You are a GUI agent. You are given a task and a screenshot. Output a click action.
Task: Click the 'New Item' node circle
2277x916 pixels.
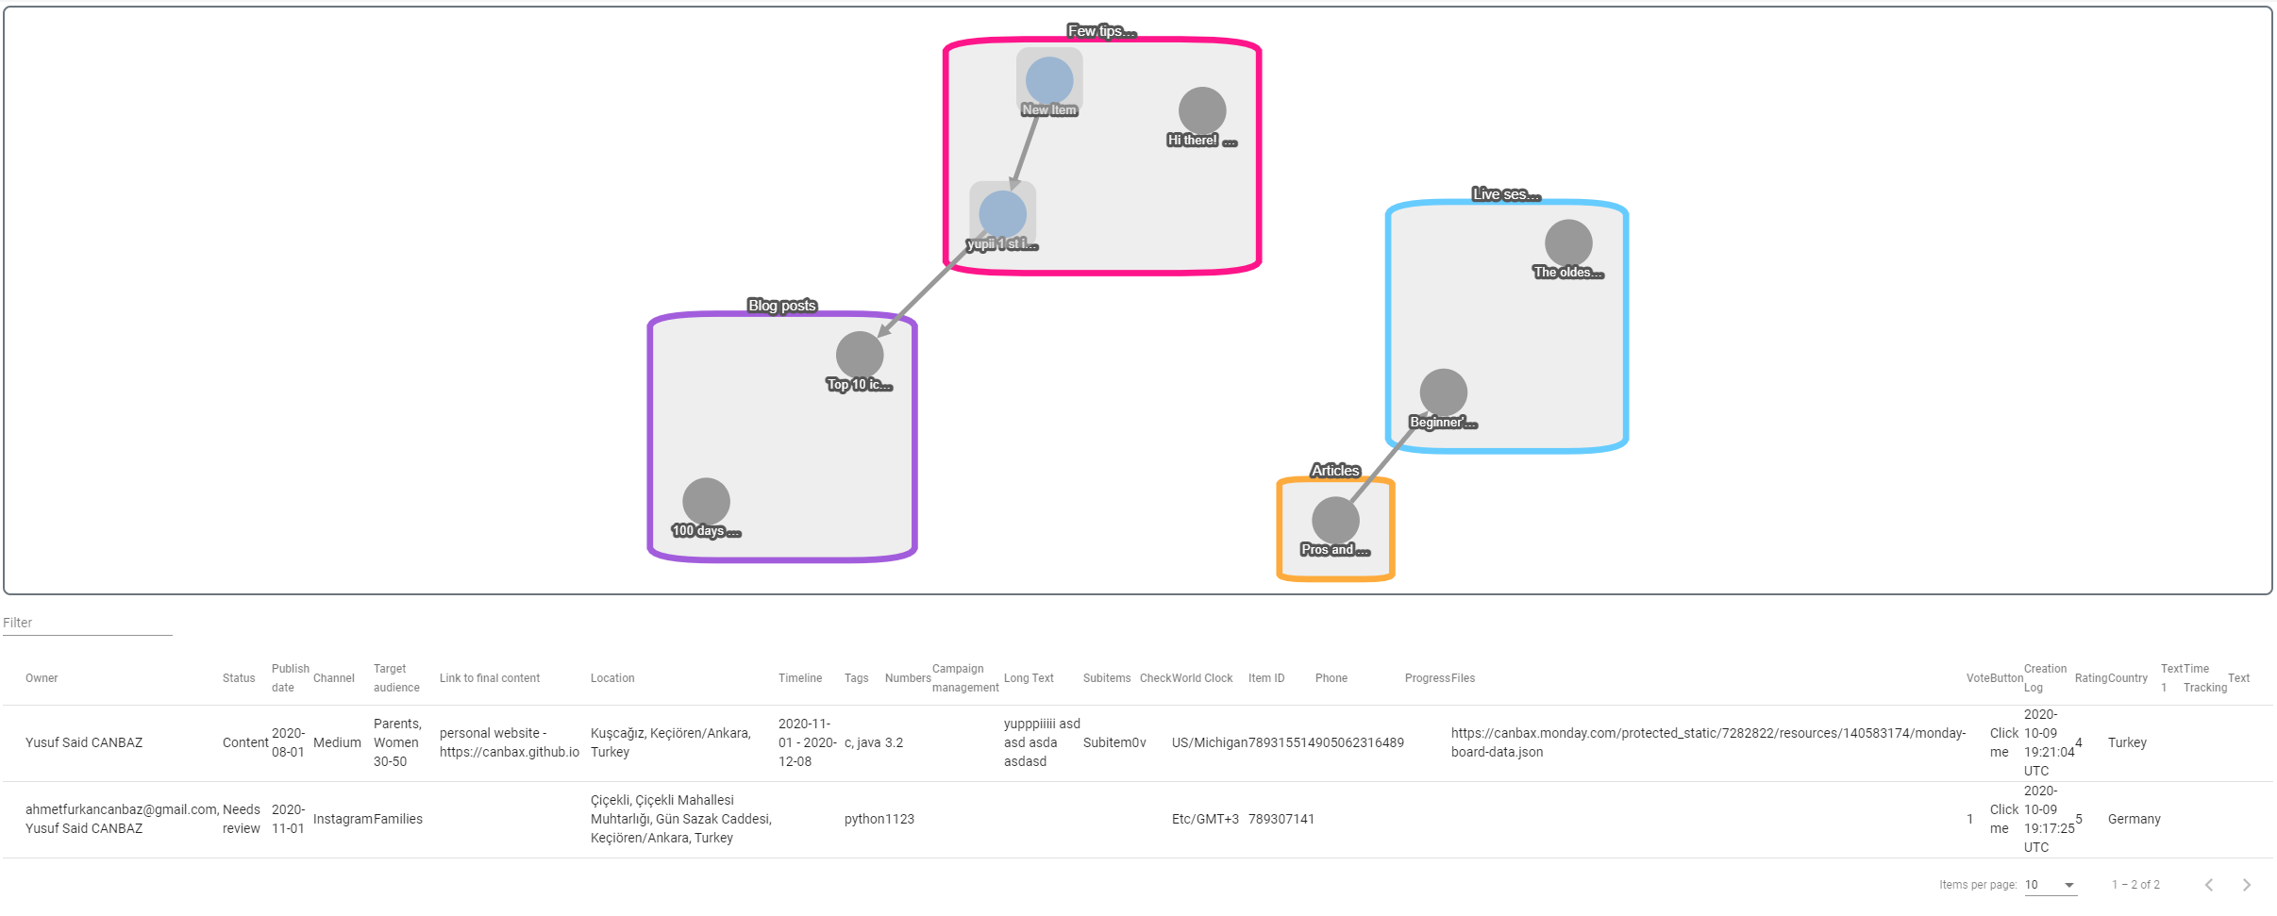tap(1049, 81)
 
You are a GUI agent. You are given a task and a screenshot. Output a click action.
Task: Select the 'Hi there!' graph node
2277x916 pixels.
tap(1202, 111)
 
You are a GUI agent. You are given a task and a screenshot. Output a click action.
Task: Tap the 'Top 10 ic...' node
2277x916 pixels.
tap(860, 356)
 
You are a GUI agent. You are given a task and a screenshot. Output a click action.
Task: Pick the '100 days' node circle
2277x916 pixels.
tap(706, 502)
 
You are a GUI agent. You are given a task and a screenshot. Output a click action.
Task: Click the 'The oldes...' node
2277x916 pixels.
tap(1568, 243)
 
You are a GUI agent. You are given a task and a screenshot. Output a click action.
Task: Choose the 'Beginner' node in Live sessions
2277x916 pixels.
tap(1444, 392)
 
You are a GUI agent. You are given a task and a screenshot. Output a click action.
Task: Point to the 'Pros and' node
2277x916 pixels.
tap(1335, 521)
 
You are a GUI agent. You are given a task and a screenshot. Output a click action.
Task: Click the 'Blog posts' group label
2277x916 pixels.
tap(781, 306)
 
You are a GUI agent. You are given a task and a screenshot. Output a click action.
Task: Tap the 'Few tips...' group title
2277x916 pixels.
tap(1101, 31)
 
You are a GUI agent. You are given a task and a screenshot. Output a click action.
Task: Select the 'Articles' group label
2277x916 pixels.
tap(1335, 471)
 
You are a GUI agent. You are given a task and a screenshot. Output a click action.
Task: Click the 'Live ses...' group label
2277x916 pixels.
tap(1506, 194)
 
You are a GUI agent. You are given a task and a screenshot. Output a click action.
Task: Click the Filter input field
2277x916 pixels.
tap(87, 623)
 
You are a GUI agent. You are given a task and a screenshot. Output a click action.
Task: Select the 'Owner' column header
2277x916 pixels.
tap(42, 678)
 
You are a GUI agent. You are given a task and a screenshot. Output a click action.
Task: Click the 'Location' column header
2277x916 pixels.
tap(612, 678)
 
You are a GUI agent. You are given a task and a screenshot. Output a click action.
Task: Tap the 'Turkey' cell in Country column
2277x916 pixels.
tap(2127, 742)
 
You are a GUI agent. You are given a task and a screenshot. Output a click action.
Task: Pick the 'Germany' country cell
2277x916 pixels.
tap(2134, 819)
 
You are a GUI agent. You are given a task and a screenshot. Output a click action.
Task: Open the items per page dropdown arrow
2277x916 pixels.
tap(2069, 885)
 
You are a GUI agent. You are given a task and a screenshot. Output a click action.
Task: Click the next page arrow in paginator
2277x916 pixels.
tap(2246, 885)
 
